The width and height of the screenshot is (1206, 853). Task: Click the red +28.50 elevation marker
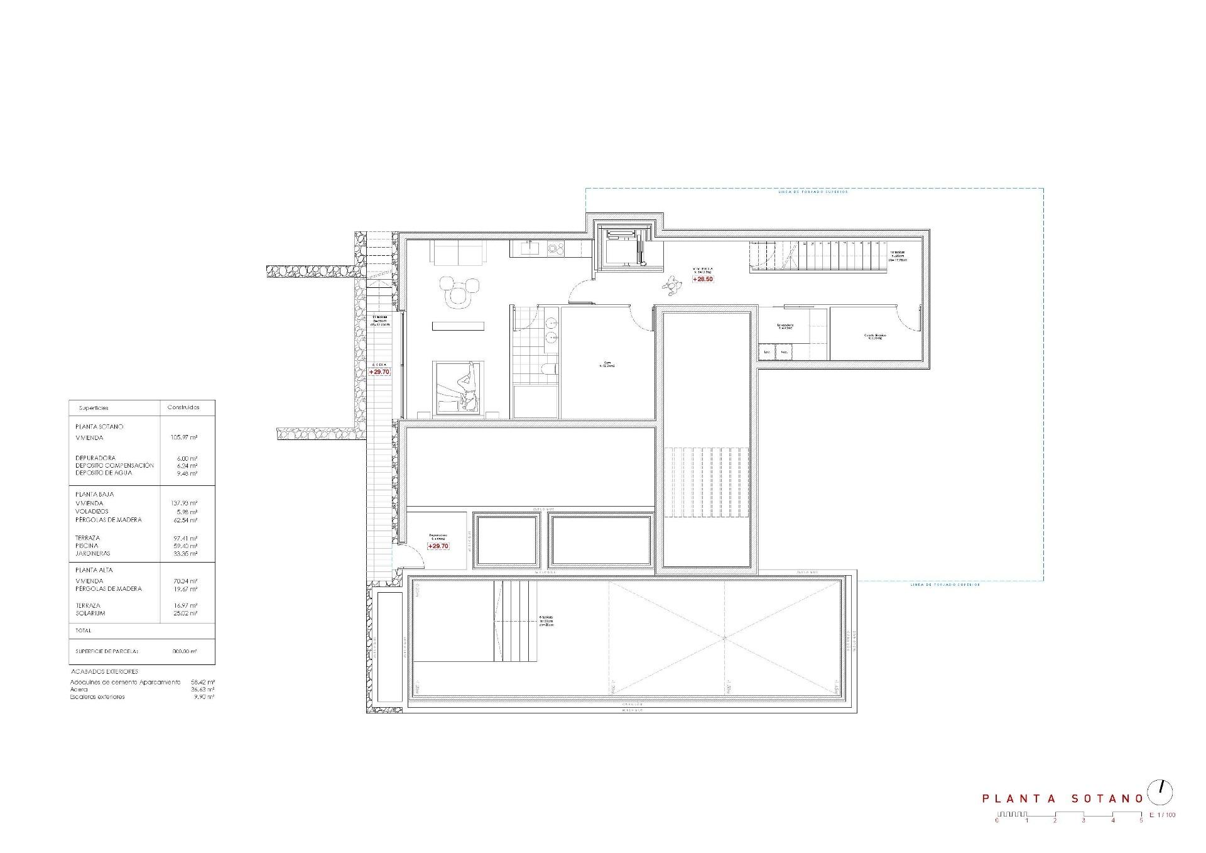pyautogui.click(x=703, y=278)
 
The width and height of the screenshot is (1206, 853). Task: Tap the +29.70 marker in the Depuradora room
pyautogui.click(x=438, y=546)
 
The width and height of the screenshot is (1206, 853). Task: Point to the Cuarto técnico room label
pyautogui.click(x=874, y=336)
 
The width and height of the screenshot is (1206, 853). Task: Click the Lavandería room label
pyautogui.click(x=785, y=326)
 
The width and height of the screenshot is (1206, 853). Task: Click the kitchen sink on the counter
pyautogui.click(x=528, y=249)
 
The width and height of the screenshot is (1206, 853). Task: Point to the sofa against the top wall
pyautogui.click(x=459, y=253)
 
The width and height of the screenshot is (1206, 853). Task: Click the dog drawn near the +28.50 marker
pyautogui.click(x=671, y=287)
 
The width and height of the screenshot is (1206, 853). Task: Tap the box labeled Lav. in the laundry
pyautogui.click(x=767, y=353)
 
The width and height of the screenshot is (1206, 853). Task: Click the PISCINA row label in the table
pyautogui.click(x=87, y=546)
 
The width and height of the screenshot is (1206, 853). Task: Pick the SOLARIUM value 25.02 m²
pyautogui.click(x=186, y=613)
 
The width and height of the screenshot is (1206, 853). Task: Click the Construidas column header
pyautogui.click(x=183, y=407)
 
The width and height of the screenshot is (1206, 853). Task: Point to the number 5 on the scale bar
pyautogui.click(x=1141, y=820)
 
